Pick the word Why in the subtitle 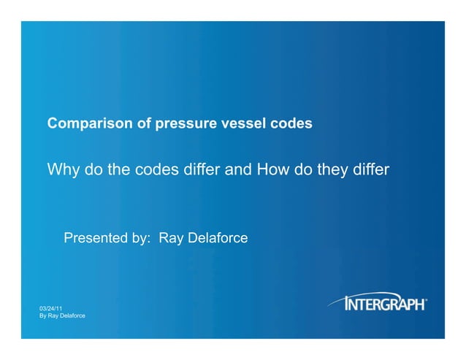click(x=64, y=171)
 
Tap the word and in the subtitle click(x=238, y=171)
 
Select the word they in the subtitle click(x=330, y=171)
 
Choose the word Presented click(x=99, y=238)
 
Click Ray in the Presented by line click(x=172, y=238)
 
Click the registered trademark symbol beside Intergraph click(x=427, y=299)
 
